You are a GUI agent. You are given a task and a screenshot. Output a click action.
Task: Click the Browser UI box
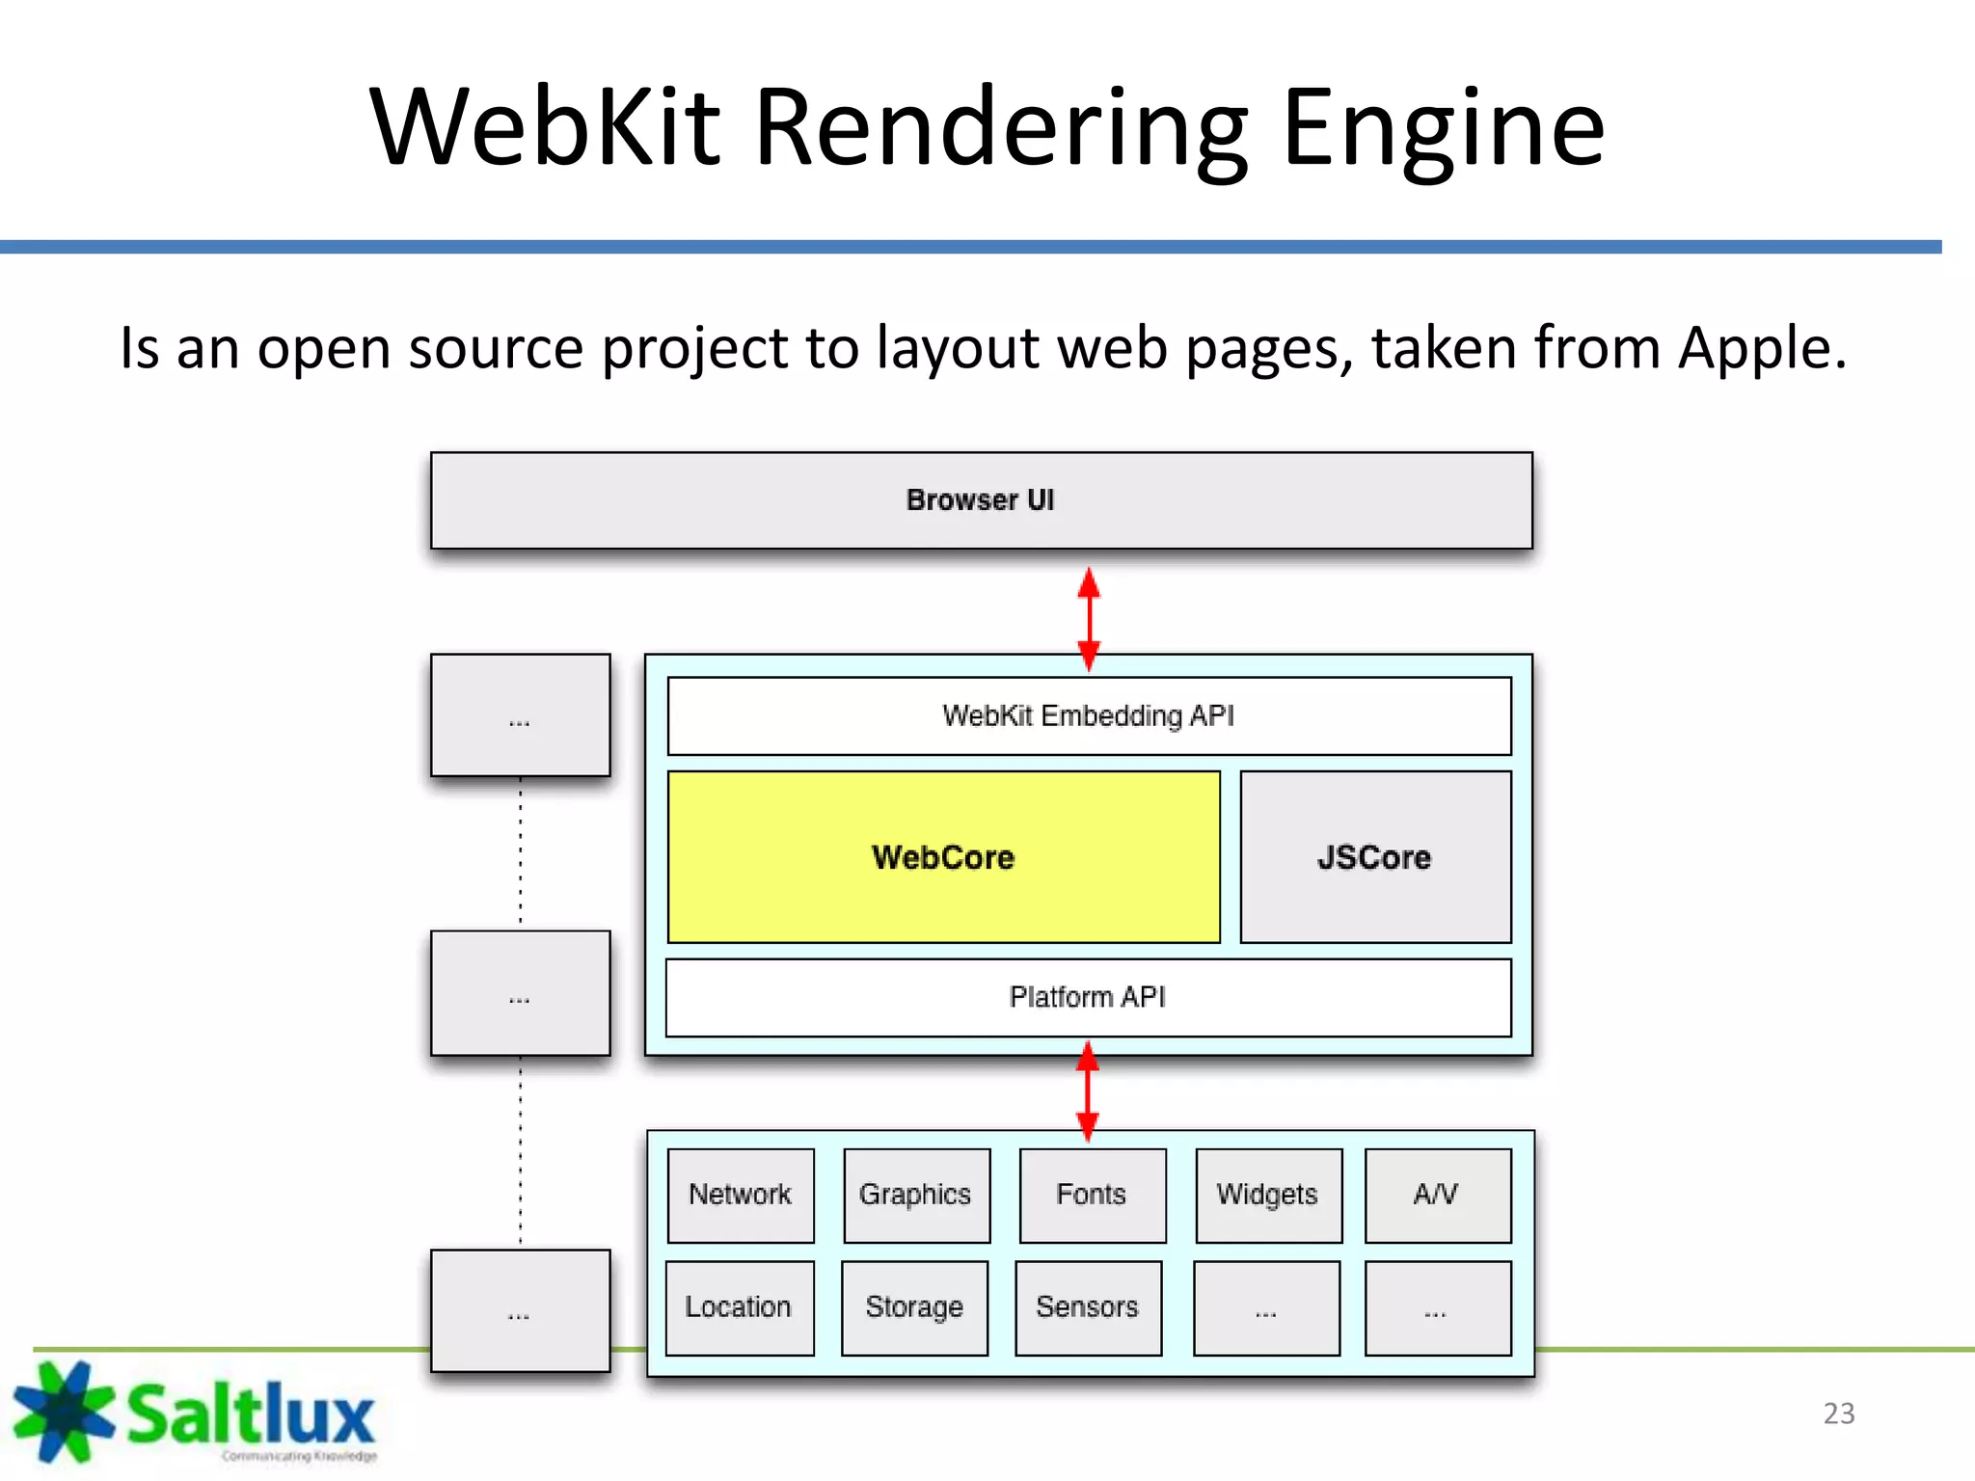pos(981,500)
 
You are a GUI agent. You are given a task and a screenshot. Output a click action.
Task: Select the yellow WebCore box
pos(943,857)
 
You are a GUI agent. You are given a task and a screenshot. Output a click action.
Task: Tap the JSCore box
pos(1375,857)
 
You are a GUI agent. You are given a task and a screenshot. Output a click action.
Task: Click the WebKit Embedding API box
pos(1089,716)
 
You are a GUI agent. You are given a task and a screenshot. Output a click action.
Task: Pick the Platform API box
pos(1088,997)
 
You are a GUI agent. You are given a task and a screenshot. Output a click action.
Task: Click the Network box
pos(740,1195)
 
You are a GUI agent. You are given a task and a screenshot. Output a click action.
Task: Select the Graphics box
pos(916,1195)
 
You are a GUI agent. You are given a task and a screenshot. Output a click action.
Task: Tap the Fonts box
pos(1092,1195)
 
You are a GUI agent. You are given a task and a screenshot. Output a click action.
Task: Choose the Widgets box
pos(1268,1195)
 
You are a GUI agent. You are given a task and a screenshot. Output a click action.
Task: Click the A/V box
pos(1437,1195)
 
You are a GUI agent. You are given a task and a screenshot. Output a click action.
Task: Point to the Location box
pos(739,1307)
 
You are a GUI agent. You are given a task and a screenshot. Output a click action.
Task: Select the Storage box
pos(914,1307)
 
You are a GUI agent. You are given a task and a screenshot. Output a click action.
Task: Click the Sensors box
pos(1088,1307)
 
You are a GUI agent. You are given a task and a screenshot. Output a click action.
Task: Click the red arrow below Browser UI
pos(1089,618)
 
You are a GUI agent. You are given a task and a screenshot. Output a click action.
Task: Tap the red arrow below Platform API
pos(1088,1091)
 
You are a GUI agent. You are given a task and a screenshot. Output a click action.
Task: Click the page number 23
pos(1838,1414)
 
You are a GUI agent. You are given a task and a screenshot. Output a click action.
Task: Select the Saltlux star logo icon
pos(63,1410)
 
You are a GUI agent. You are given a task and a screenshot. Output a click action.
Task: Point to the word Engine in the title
pos(1444,128)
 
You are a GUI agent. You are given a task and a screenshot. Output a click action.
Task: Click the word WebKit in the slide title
pos(545,128)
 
